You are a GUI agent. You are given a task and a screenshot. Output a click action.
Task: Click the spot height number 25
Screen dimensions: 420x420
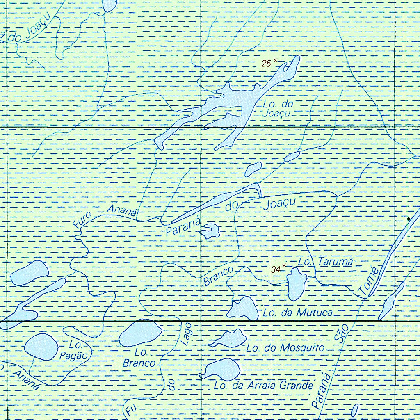coord(267,63)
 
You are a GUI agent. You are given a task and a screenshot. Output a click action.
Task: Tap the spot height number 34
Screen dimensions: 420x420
coord(276,269)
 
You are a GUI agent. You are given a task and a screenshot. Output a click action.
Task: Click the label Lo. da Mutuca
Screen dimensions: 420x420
coord(298,313)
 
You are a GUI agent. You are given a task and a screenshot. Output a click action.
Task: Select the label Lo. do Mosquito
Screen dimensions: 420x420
coord(285,348)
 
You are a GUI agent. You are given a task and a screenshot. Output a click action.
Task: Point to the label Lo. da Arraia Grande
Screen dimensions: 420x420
coord(264,386)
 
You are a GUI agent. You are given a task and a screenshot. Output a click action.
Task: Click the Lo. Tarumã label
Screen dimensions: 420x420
coord(326,262)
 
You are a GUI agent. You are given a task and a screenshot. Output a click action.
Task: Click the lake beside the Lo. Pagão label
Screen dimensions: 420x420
coord(41,347)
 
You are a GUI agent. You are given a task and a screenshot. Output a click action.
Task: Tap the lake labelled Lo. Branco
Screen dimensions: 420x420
coord(140,333)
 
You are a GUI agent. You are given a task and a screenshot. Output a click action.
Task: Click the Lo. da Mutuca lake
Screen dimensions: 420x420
coord(243,308)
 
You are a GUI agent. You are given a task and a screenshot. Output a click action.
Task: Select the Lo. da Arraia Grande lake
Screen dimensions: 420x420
coord(222,369)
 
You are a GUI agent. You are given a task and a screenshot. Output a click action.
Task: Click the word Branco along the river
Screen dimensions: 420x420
coord(218,276)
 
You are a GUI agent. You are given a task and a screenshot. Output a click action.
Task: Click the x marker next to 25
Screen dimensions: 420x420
coord(275,60)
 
